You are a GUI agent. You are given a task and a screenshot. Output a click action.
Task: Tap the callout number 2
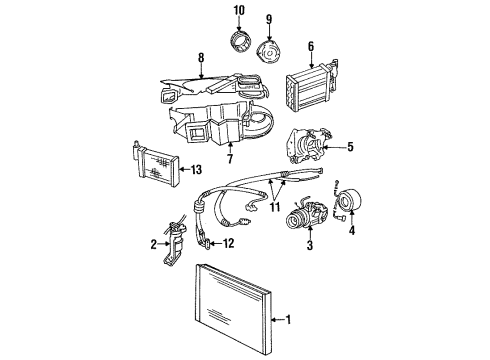pyautogui.click(x=153, y=242)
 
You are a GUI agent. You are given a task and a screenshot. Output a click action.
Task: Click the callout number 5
pyautogui.click(x=350, y=148)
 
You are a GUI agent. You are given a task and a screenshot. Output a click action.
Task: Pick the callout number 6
pyautogui.click(x=310, y=46)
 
